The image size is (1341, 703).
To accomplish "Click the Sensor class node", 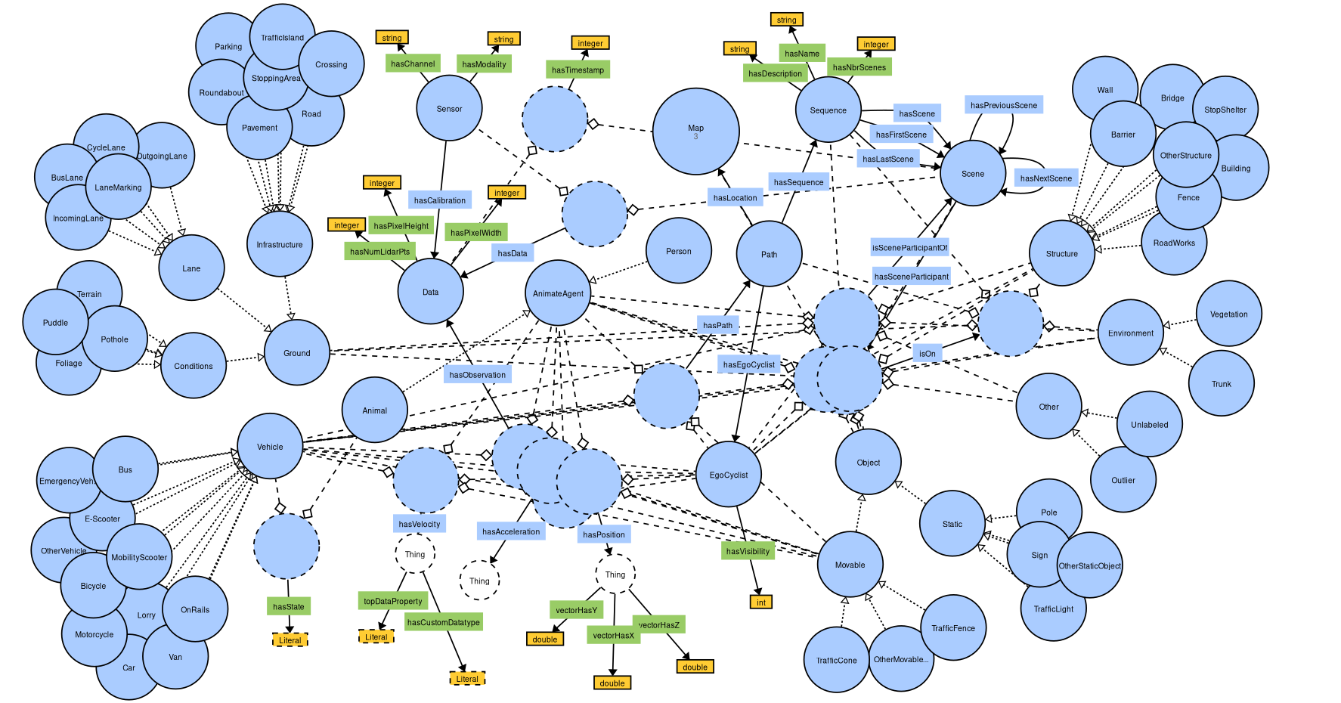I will tap(449, 108).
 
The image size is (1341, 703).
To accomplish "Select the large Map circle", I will tap(695, 131).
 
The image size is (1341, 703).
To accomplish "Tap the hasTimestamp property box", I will tap(578, 70).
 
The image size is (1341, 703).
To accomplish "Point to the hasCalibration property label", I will tap(440, 200).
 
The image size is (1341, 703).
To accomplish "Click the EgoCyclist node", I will tap(728, 475).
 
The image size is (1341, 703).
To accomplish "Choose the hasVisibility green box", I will tap(748, 551).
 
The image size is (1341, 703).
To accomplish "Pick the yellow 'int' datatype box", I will tap(761, 602).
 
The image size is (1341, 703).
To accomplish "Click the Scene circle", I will tap(972, 173).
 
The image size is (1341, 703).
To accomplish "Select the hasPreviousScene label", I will tap(1004, 105).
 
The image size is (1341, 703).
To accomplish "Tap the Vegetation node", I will tap(1228, 314).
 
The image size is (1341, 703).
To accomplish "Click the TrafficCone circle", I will tap(836, 660).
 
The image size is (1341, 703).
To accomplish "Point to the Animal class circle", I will tap(374, 410).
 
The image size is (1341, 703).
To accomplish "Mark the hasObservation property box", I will tap(477, 374).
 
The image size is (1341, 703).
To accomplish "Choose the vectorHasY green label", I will tap(576, 610).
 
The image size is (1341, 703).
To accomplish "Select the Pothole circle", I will tap(115, 339).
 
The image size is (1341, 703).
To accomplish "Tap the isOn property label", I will tap(927, 353).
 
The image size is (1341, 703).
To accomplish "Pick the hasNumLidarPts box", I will tap(379, 251).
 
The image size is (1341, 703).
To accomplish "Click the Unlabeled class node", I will tap(1149, 424).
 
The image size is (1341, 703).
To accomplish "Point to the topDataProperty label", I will tap(393, 601).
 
